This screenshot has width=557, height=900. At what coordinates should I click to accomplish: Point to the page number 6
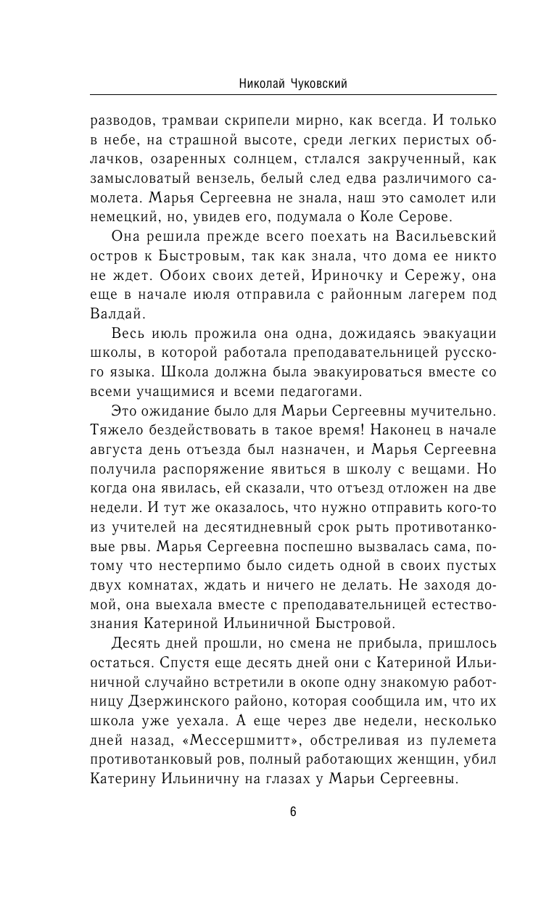click(x=293, y=812)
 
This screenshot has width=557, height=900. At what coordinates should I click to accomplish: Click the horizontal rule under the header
click(x=293, y=95)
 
